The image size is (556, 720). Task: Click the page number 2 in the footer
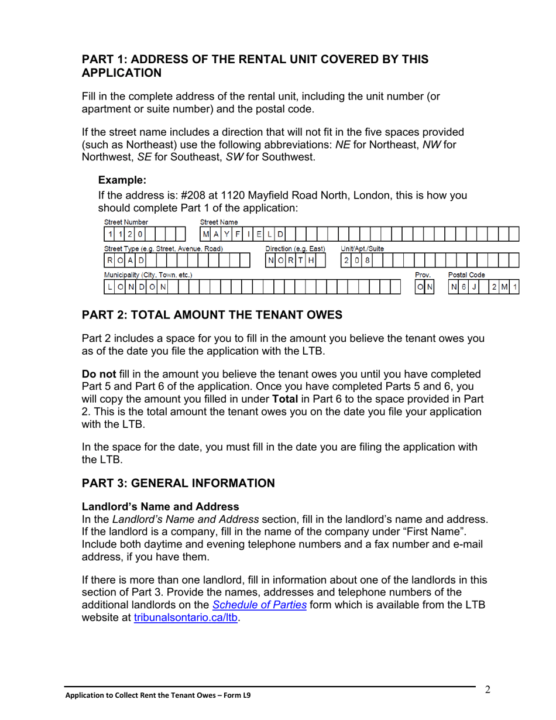(x=488, y=690)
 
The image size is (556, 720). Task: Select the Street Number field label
(x=126, y=222)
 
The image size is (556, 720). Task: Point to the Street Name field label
(x=219, y=222)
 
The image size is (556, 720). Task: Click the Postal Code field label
(x=466, y=274)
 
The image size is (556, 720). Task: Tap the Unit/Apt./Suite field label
(x=362, y=248)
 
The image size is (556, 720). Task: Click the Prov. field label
(x=423, y=274)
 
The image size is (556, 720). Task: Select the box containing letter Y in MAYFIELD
(x=226, y=235)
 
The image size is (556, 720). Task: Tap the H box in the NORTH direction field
(x=311, y=260)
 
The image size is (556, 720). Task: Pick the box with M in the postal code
(x=504, y=286)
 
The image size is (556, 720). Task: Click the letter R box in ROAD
(x=109, y=260)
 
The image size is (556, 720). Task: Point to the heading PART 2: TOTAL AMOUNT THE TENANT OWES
(x=211, y=315)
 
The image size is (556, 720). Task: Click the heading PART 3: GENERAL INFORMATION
(x=178, y=483)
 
